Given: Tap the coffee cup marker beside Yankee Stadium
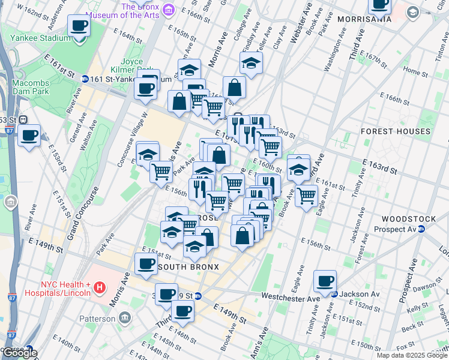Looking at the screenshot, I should pyautogui.click(x=79, y=27).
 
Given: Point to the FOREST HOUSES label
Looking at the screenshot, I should pyautogui.click(x=396, y=131).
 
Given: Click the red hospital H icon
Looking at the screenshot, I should pyautogui.click(x=100, y=289).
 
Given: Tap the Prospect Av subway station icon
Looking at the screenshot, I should pyautogui.click(x=421, y=229).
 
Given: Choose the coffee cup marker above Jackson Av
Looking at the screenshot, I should pyautogui.click(x=325, y=280).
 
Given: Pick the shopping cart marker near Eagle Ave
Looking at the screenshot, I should pyautogui.click(x=307, y=194).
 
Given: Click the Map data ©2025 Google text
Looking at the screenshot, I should pyautogui.click(x=411, y=355).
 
